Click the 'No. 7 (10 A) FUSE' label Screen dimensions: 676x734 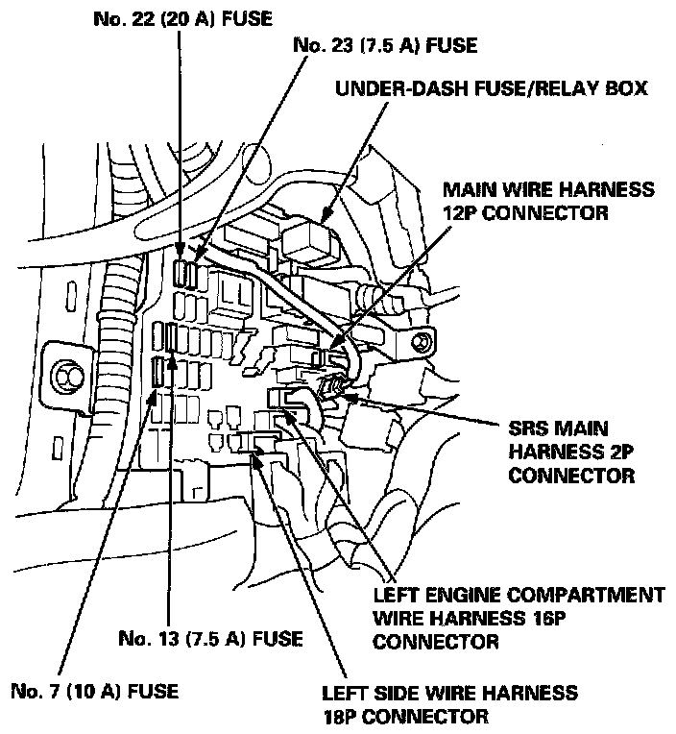(x=93, y=691)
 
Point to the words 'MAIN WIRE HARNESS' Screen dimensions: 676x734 (x=548, y=190)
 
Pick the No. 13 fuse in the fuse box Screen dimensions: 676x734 (x=171, y=338)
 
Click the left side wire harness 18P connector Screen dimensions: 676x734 (x=257, y=442)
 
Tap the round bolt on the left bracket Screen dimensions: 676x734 (x=69, y=372)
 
